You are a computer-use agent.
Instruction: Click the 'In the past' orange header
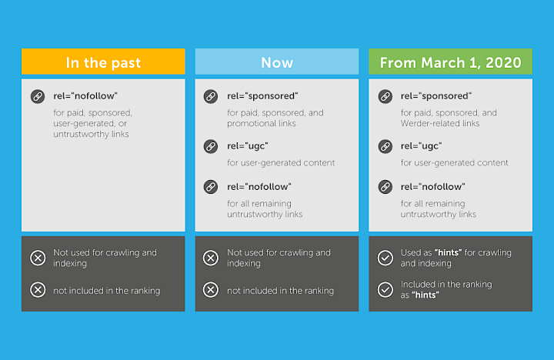click(x=103, y=62)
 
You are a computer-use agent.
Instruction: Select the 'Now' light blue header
click(x=277, y=62)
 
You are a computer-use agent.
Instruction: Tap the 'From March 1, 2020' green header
click(x=450, y=62)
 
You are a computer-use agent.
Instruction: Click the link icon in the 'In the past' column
click(x=37, y=96)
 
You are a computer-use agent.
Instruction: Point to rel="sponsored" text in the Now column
click(x=262, y=96)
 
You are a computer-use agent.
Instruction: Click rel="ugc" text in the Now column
click(x=248, y=145)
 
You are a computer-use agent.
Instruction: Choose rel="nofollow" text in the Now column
click(x=259, y=186)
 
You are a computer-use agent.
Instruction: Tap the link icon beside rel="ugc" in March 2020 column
click(x=385, y=145)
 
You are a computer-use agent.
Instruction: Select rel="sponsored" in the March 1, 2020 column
click(x=436, y=96)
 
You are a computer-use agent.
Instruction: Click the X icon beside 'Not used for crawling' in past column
click(x=38, y=258)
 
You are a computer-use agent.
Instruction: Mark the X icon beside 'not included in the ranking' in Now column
click(x=210, y=290)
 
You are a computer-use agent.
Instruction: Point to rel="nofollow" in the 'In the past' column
click(x=85, y=96)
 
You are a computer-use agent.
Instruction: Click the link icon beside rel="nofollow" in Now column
click(x=210, y=186)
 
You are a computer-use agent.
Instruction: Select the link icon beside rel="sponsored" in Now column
click(x=210, y=96)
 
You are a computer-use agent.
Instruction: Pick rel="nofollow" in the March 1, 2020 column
click(x=433, y=186)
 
